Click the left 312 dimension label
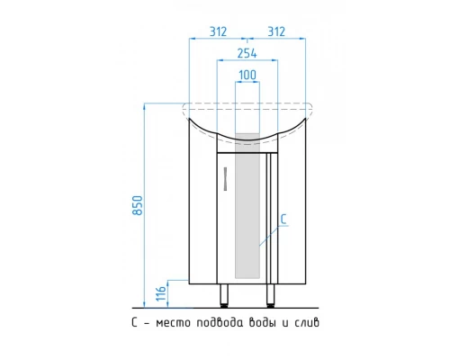coord(218,31)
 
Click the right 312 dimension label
coord(276,31)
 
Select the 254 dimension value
coord(247,53)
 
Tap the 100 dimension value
coord(247,75)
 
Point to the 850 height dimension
coord(138,205)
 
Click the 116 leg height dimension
coord(161,293)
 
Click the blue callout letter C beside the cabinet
coord(283,220)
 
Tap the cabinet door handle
coord(225,179)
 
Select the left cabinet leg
coord(224,296)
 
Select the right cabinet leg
coord(271,296)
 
